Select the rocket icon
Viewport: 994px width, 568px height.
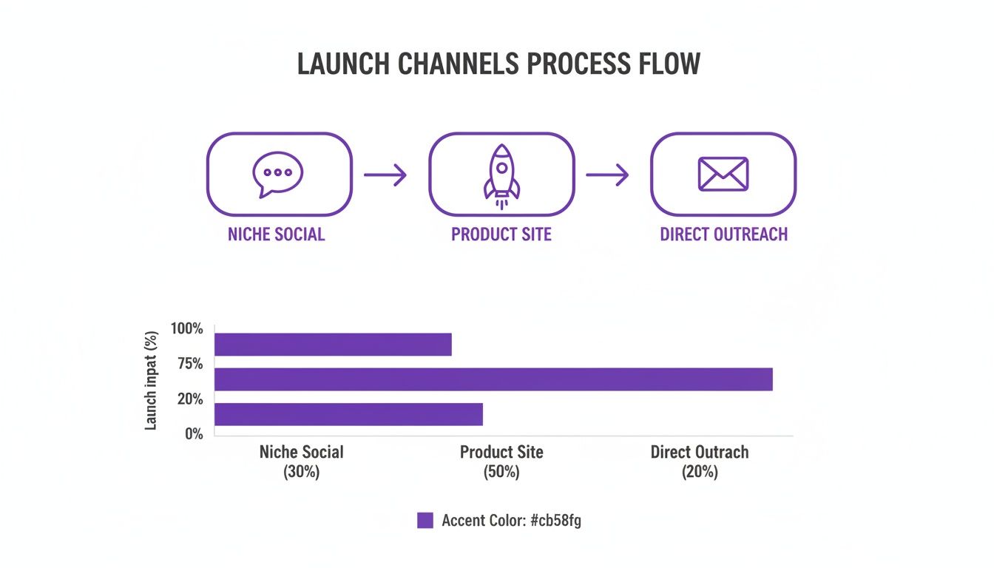coord(501,173)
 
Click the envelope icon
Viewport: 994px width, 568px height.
coord(723,174)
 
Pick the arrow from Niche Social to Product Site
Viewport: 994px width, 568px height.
coord(385,175)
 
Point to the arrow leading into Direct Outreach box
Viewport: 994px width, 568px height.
coord(607,175)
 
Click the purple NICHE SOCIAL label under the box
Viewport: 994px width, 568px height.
coord(277,234)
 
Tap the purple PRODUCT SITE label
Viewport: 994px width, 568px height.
coord(501,234)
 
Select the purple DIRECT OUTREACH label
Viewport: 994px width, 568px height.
coord(723,234)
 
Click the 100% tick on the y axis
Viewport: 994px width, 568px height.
coord(186,328)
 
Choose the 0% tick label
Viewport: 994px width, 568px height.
coord(193,434)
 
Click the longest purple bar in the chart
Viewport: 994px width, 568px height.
coord(493,379)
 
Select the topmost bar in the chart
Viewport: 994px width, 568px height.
coord(333,345)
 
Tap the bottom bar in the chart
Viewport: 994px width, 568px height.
coord(348,414)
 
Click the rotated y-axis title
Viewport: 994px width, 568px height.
coord(152,380)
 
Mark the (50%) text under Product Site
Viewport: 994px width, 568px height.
coord(501,472)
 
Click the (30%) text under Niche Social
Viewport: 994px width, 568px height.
coord(301,472)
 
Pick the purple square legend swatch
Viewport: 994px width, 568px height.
coord(425,521)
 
